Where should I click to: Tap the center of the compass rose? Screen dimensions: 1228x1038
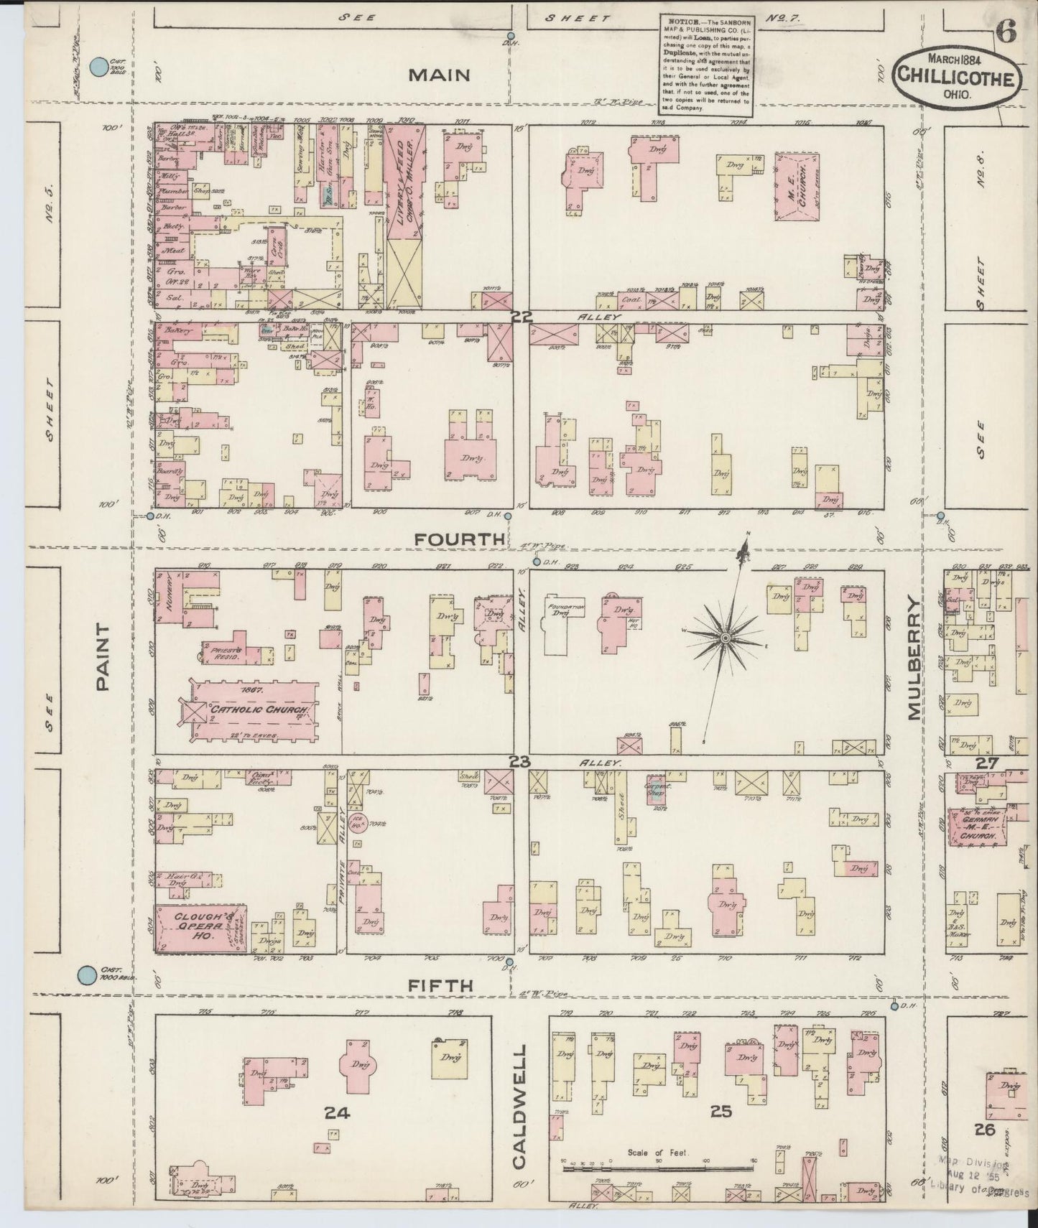pyautogui.click(x=726, y=637)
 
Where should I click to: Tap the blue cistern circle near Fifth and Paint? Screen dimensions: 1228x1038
pyautogui.click(x=86, y=975)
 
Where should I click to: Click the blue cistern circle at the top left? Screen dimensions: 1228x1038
pyautogui.click(x=98, y=68)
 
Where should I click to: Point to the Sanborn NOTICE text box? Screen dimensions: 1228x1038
pyautogui.click(x=705, y=64)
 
